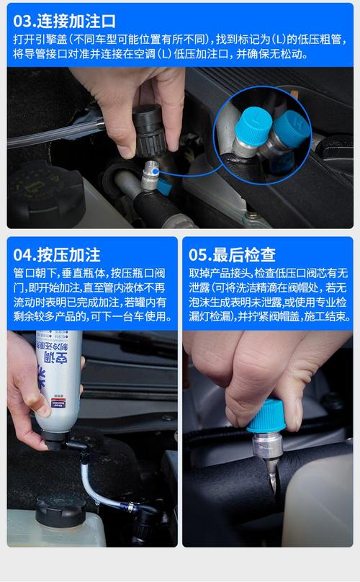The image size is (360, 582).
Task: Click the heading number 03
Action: [x=22, y=21]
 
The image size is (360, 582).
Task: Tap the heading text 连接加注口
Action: [x=76, y=21]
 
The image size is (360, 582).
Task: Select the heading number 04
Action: [x=23, y=256]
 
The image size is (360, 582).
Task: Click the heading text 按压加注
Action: [x=68, y=256]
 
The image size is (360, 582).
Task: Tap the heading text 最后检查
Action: [x=244, y=256]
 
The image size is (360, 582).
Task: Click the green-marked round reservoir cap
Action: [x=44, y=193]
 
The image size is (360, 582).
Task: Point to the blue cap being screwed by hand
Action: [x=266, y=416]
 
